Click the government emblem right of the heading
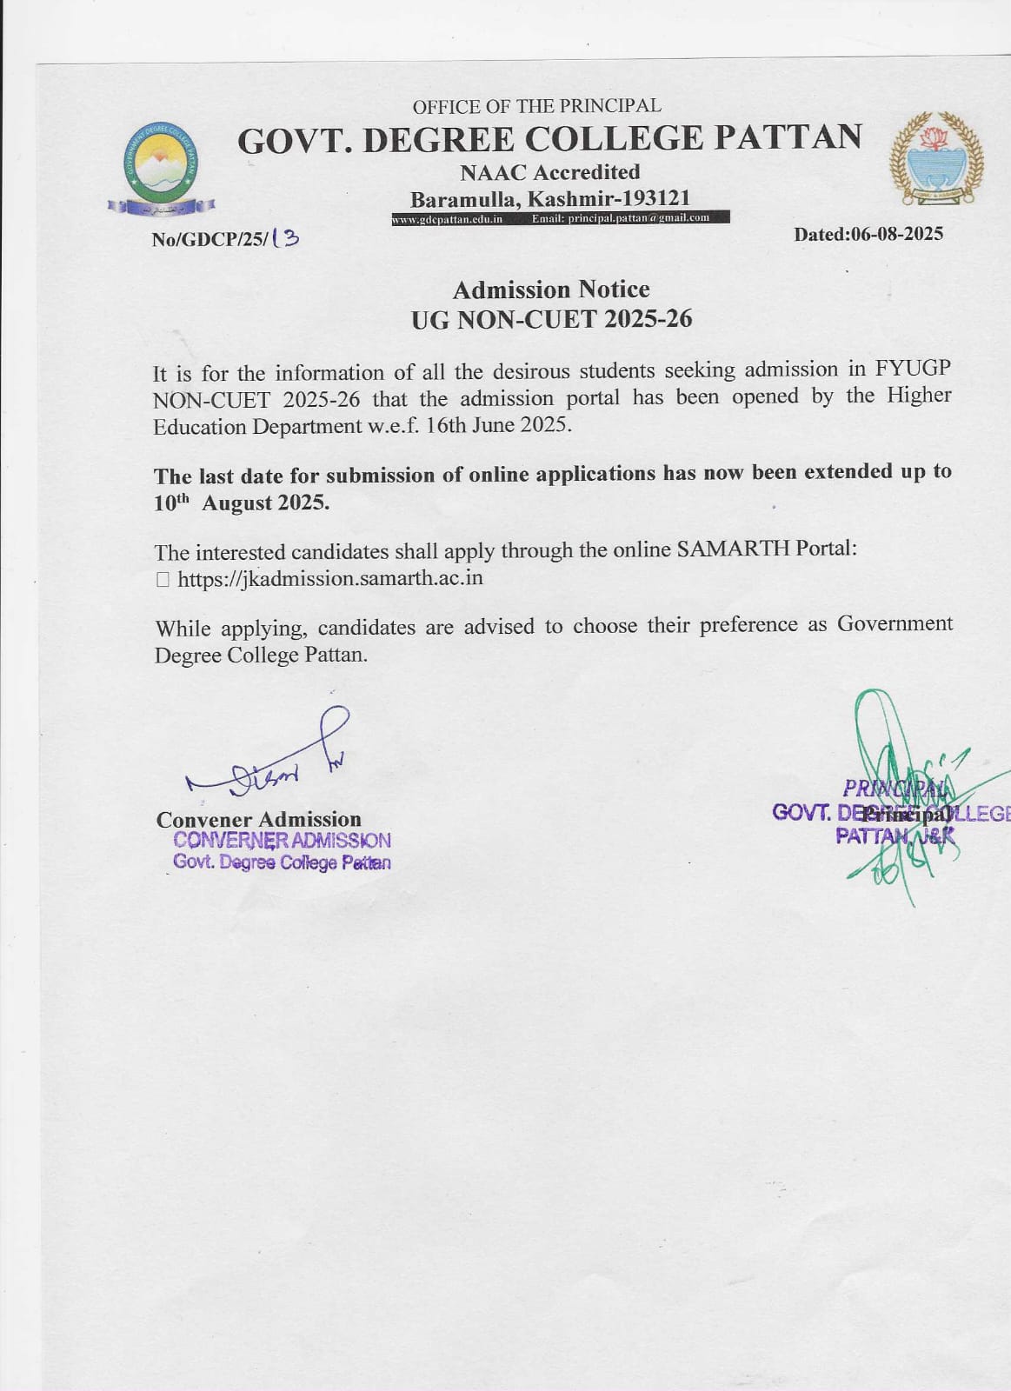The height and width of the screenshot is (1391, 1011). click(x=936, y=157)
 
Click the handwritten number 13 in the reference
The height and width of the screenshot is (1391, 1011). click(x=284, y=237)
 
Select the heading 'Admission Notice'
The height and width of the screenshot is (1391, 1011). click(x=551, y=290)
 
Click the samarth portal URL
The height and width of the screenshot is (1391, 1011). click(x=330, y=578)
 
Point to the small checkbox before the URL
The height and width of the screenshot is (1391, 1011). click(x=163, y=579)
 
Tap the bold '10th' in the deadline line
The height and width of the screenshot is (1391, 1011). click(x=171, y=503)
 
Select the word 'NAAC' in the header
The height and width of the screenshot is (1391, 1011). click(x=493, y=172)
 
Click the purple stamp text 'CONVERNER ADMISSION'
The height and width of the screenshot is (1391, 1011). click(x=282, y=841)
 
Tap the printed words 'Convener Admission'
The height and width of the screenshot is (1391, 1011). click(x=258, y=819)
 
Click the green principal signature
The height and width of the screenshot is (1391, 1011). click(x=895, y=791)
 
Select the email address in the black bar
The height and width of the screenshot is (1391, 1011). click(x=621, y=218)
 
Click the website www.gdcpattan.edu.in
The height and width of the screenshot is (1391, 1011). click(x=448, y=219)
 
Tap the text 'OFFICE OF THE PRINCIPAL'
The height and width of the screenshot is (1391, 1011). click(x=536, y=106)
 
